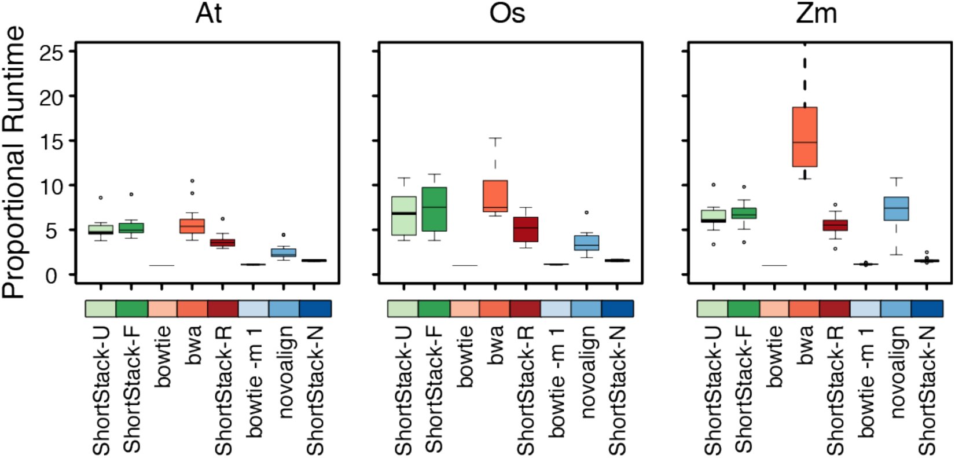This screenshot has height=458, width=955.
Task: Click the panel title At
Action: (x=209, y=14)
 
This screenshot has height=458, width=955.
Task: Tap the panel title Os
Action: (x=508, y=14)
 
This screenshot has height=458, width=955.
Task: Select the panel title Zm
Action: (x=817, y=14)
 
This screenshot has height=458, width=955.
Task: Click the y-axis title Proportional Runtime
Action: (x=14, y=162)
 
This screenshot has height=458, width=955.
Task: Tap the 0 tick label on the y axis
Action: (x=51, y=276)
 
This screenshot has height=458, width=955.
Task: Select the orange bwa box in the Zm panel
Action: (x=805, y=137)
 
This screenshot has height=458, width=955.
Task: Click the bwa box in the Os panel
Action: (x=495, y=196)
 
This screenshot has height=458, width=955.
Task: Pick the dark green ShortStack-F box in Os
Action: (x=435, y=209)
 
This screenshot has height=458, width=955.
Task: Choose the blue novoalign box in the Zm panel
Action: (x=896, y=208)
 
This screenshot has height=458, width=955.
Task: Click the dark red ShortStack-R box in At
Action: (x=223, y=243)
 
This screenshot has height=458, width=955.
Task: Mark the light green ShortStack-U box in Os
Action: (x=404, y=216)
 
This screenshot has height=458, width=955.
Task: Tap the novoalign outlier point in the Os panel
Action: (x=587, y=212)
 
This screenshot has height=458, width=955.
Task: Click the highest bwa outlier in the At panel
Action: (x=192, y=181)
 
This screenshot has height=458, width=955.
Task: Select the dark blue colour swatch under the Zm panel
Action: (x=927, y=309)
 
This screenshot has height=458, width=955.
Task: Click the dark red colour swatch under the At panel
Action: (x=223, y=309)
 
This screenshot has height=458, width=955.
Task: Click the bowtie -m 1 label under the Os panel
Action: (x=557, y=382)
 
